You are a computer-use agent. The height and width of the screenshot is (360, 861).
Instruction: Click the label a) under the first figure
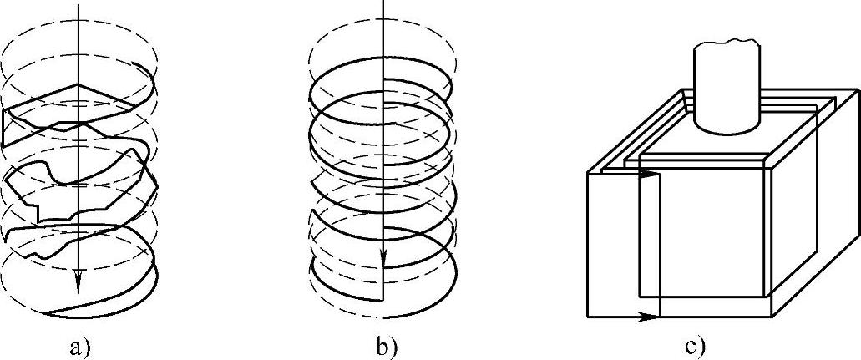(79, 345)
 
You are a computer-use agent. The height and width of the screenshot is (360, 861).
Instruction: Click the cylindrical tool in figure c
(725, 88)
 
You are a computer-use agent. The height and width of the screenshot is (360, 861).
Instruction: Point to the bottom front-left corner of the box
(589, 317)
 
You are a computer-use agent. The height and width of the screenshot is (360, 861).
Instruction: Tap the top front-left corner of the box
(589, 174)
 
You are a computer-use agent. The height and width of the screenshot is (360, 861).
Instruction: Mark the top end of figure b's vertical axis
(382, 3)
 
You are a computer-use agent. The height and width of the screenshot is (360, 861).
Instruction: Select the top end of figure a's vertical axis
(77, 3)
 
